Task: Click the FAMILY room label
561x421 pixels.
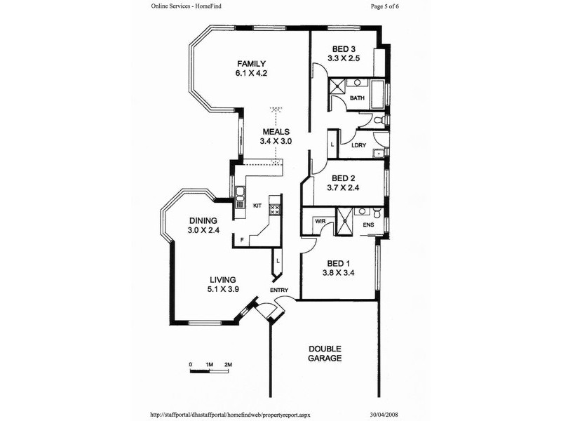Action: (250, 63)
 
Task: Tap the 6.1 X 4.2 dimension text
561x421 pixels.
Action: (250, 72)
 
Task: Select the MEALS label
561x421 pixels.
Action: (276, 131)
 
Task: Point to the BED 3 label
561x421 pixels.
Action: (344, 48)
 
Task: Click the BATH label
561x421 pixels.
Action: (357, 98)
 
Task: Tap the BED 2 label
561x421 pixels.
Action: (344, 178)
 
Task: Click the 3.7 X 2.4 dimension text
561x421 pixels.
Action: (344, 187)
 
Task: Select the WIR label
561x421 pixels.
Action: (320, 221)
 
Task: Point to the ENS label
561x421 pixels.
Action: (368, 225)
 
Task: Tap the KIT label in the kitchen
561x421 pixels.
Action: (257, 206)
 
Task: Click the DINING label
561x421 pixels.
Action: (203, 220)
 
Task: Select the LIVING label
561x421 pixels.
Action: (221, 279)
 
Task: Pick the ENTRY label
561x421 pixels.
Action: (280, 290)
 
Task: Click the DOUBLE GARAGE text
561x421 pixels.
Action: (325, 353)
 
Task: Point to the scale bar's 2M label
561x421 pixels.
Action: (228, 365)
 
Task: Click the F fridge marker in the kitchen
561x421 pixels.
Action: (241, 241)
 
